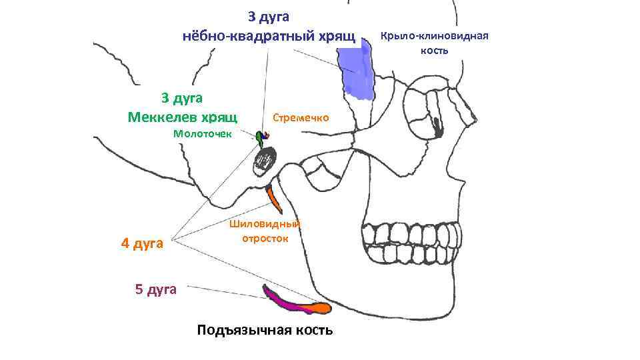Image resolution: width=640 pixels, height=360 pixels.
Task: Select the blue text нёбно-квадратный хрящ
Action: click(x=269, y=35)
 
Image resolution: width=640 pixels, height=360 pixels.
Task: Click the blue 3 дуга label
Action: click(x=268, y=15)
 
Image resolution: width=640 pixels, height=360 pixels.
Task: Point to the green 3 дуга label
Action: click(x=181, y=99)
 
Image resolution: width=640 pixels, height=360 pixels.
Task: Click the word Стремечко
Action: click(x=301, y=117)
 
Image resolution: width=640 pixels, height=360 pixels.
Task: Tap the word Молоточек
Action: click(x=202, y=133)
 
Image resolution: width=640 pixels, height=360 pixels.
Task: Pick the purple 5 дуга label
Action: click(x=155, y=289)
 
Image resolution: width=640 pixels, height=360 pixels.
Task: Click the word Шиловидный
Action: click(x=265, y=223)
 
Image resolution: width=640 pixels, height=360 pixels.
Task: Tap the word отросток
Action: click(x=266, y=237)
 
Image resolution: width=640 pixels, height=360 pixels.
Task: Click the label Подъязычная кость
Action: click(x=265, y=331)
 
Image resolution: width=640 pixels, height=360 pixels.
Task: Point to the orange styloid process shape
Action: click(x=273, y=197)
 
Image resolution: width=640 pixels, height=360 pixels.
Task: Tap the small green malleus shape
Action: click(x=259, y=137)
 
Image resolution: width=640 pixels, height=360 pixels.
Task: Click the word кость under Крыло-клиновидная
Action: click(x=434, y=51)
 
